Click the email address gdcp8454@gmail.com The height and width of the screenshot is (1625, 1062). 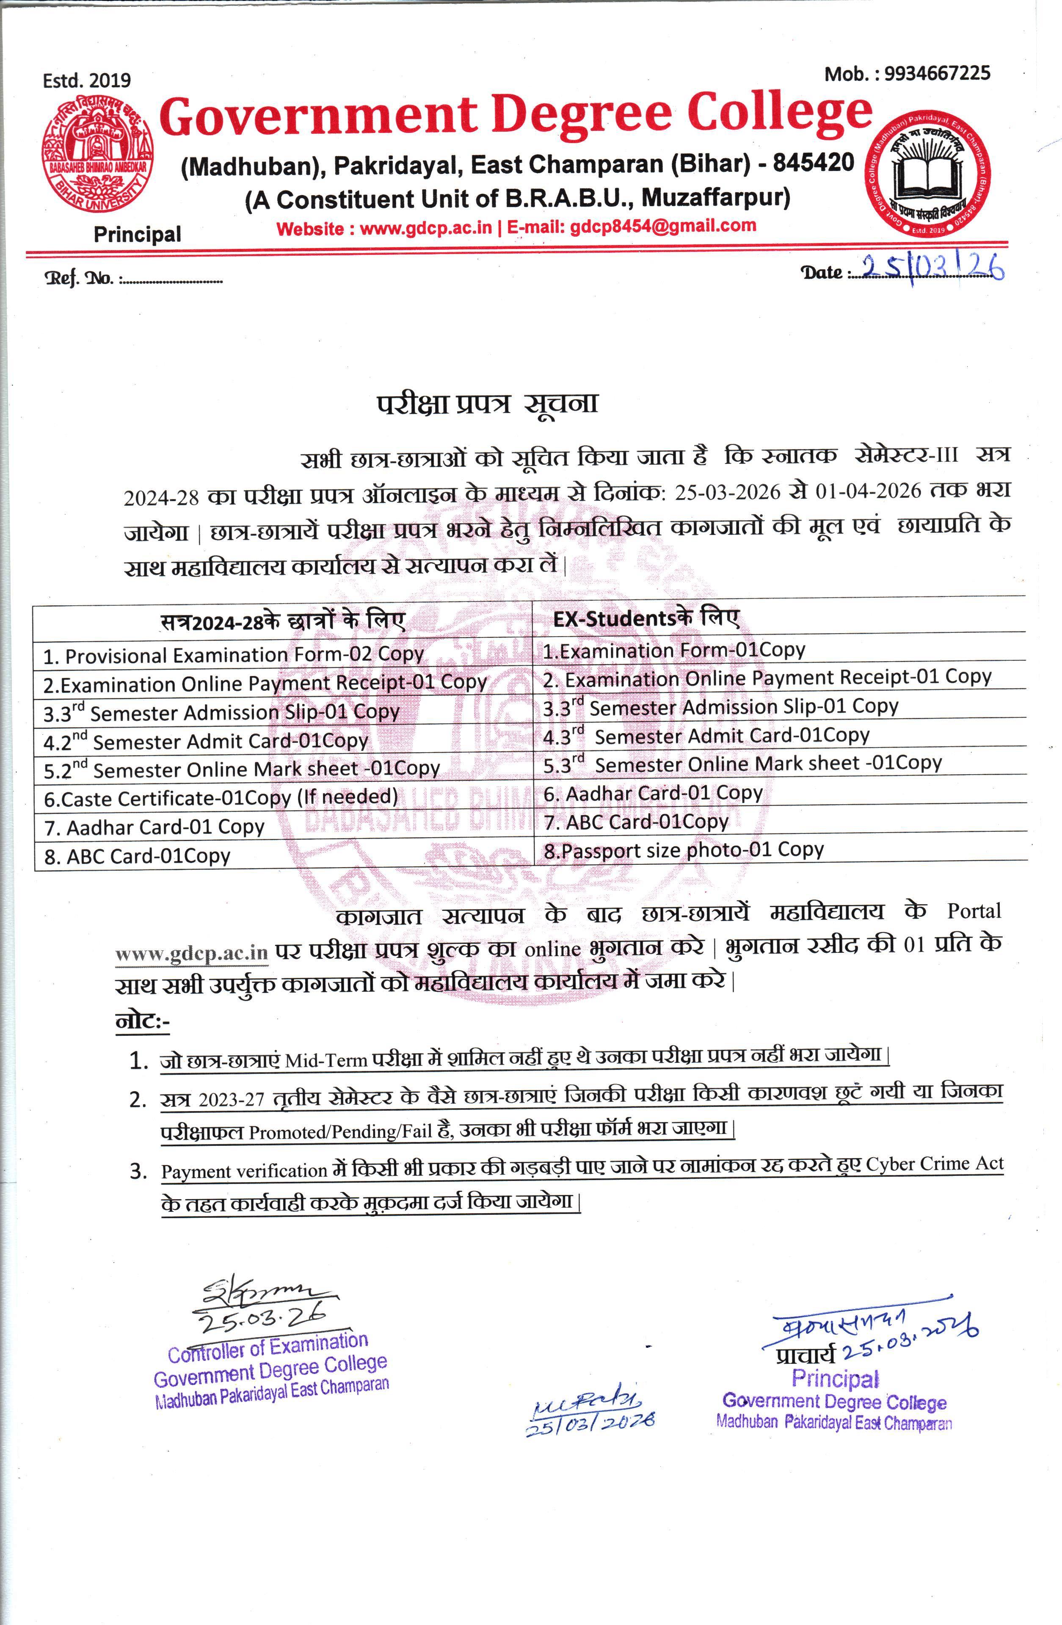click(x=663, y=226)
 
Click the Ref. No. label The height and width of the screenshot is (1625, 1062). click(x=79, y=279)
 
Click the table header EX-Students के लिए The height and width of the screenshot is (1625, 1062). click(x=645, y=618)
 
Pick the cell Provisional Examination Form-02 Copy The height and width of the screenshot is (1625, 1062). click(x=233, y=655)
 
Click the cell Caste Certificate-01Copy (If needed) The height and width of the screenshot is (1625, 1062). click(x=220, y=797)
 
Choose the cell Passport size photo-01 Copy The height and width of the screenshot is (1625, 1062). click(x=683, y=850)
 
